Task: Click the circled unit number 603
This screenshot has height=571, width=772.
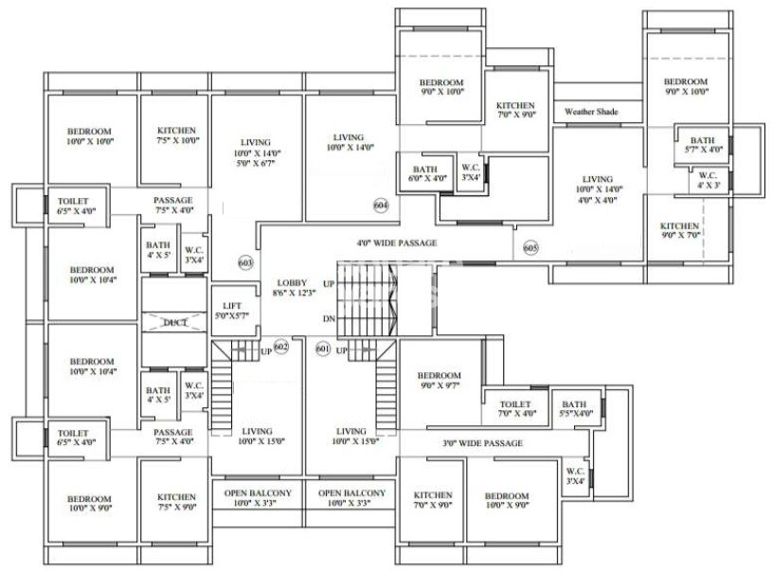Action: [246, 262]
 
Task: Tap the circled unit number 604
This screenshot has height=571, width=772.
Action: [382, 204]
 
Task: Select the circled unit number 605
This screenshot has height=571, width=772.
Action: [530, 248]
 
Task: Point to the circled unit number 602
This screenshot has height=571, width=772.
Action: [280, 348]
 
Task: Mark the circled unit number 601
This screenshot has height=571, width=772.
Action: [322, 349]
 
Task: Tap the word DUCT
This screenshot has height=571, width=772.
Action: [175, 324]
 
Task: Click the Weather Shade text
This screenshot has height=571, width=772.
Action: [591, 112]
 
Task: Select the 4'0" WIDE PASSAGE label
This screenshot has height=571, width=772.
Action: [397, 242]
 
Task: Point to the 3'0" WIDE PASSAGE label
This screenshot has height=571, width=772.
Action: [483, 443]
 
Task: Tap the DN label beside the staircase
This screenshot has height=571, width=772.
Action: [328, 319]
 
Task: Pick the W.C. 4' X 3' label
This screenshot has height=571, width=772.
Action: [708, 180]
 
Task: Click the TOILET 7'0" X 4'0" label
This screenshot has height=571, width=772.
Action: [516, 408]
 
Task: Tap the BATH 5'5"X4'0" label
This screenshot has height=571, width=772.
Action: [574, 408]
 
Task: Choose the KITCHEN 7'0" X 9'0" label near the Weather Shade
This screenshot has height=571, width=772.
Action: [516, 110]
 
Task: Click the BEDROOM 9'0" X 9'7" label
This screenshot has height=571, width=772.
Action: [439, 381]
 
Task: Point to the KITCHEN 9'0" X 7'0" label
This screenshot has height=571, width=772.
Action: [679, 231]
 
